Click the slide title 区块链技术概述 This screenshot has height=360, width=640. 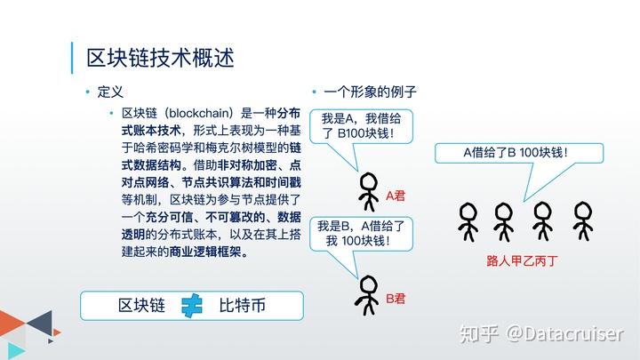click(x=160, y=59)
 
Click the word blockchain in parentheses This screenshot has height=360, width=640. click(x=197, y=113)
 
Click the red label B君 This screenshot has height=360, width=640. click(x=396, y=297)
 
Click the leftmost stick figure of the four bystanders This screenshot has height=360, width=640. click(x=468, y=221)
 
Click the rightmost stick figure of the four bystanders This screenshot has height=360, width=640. click(x=582, y=221)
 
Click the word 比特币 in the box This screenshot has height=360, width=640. click(x=243, y=305)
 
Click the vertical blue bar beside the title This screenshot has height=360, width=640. click(x=72, y=58)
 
